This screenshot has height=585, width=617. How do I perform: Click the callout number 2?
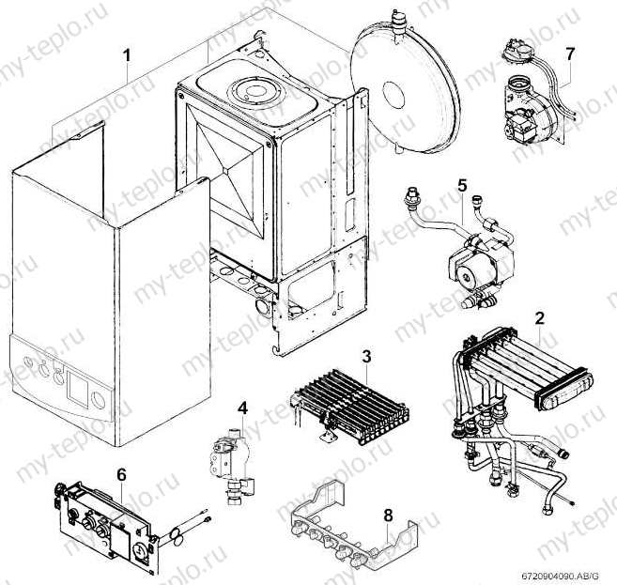539,317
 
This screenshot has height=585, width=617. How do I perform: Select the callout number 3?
367,355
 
